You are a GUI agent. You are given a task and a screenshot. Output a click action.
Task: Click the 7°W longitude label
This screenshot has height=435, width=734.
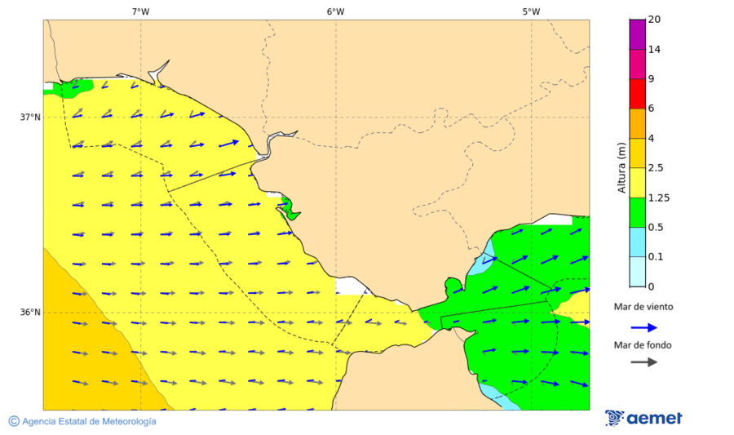coord(140,11)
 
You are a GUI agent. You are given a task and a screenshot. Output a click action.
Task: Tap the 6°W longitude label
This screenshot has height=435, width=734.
coord(335,11)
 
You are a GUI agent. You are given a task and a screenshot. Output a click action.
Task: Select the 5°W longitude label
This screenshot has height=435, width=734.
coord(531,11)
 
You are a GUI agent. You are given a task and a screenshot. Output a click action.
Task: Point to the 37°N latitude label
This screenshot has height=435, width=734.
coord(30,117)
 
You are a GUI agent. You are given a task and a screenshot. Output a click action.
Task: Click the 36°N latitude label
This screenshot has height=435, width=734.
coord(30,312)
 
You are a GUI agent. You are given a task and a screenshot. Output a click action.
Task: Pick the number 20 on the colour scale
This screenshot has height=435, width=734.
coord(653,20)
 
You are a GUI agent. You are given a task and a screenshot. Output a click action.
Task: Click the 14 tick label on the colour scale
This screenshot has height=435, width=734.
coord(654,49)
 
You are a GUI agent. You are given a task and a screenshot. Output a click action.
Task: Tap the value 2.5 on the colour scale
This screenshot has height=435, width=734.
coord(656,168)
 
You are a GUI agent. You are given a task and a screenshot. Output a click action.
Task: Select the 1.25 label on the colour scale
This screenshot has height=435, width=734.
coord(658,198)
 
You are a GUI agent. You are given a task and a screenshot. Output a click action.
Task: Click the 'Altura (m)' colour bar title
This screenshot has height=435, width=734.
coord(621,167)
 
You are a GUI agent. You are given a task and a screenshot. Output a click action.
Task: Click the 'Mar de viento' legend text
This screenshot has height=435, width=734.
coord(643,307)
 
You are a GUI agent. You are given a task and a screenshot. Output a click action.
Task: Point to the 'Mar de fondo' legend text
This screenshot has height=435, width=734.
coord(643,345)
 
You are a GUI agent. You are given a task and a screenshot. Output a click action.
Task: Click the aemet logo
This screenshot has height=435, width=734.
coord(643,418)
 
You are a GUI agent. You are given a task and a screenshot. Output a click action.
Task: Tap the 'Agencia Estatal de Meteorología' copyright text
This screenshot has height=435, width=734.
coord(82,421)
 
